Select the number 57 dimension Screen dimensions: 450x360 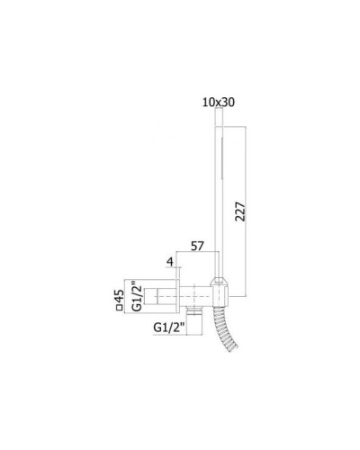[x=199, y=247]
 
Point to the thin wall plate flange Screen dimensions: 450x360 [x=186, y=292]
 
